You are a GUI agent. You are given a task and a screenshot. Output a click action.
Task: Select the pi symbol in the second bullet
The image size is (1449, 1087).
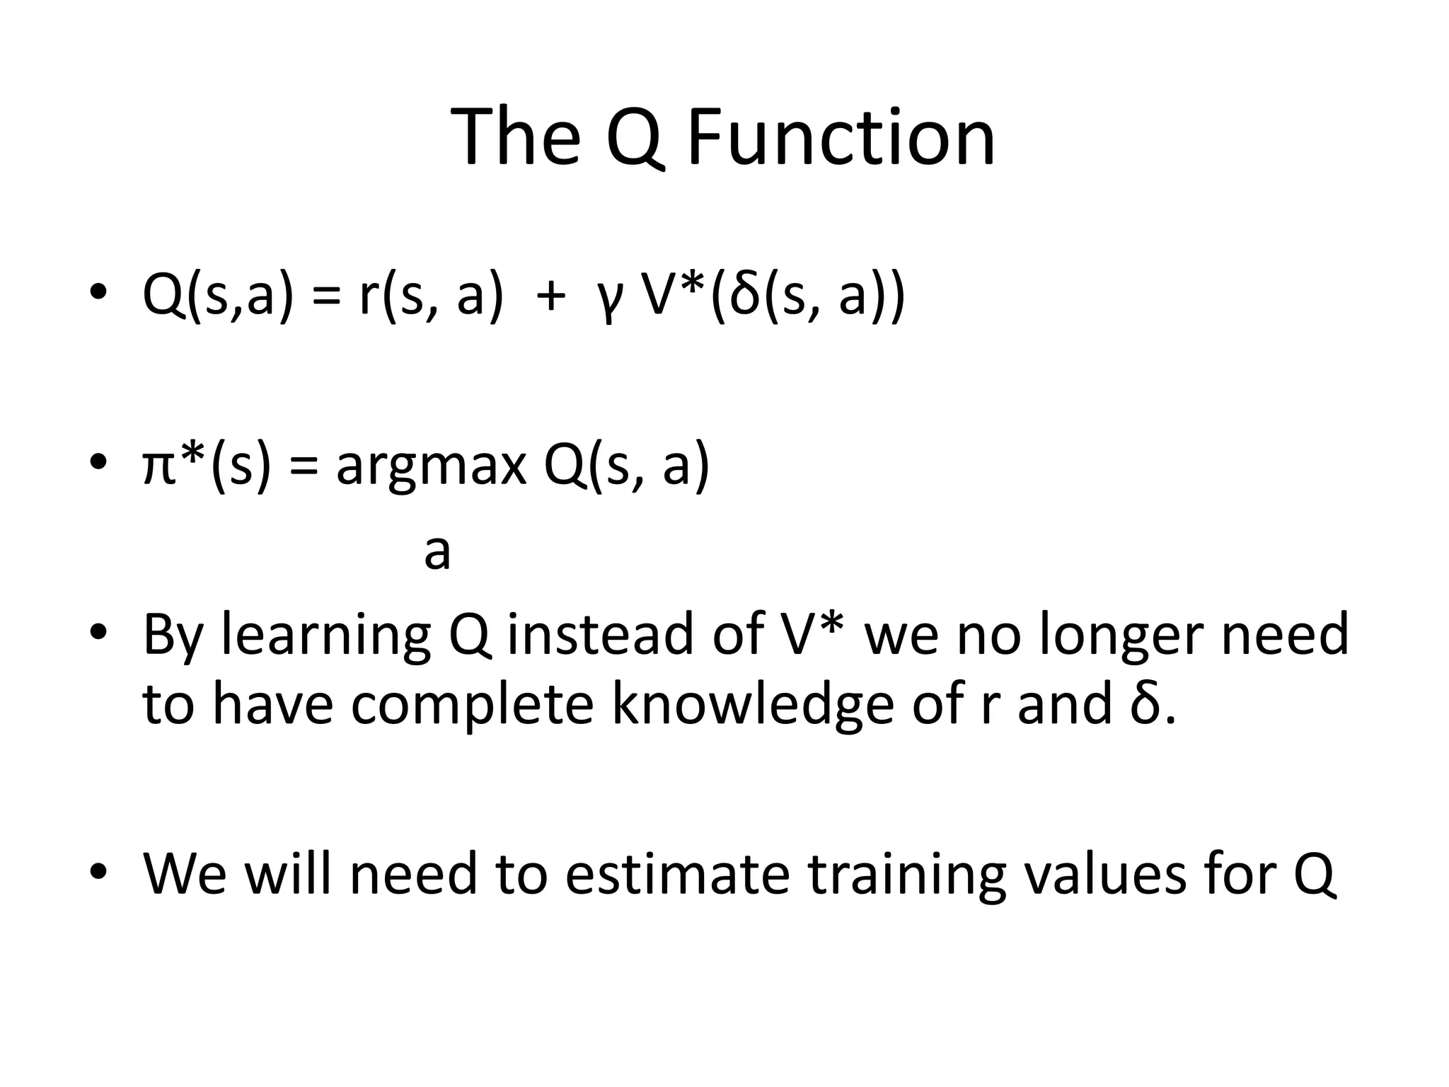click(158, 468)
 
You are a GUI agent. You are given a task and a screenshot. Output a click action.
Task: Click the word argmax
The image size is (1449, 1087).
click(431, 468)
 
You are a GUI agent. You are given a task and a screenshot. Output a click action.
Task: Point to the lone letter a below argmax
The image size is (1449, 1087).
click(437, 553)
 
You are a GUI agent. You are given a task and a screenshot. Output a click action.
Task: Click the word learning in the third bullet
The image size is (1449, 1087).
click(325, 635)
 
